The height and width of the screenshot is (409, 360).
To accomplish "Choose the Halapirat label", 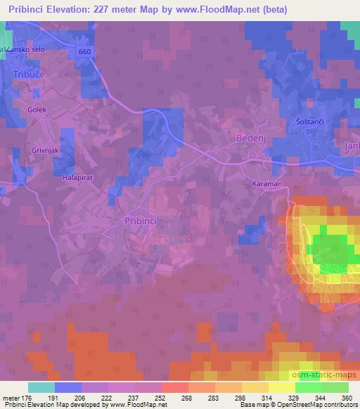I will pyautogui.click(x=78, y=178).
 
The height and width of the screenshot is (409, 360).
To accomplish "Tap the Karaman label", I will pyautogui.click(x=266, y=183).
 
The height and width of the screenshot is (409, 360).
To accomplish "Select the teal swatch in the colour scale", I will pyautogui.click(x=40, y=387).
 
